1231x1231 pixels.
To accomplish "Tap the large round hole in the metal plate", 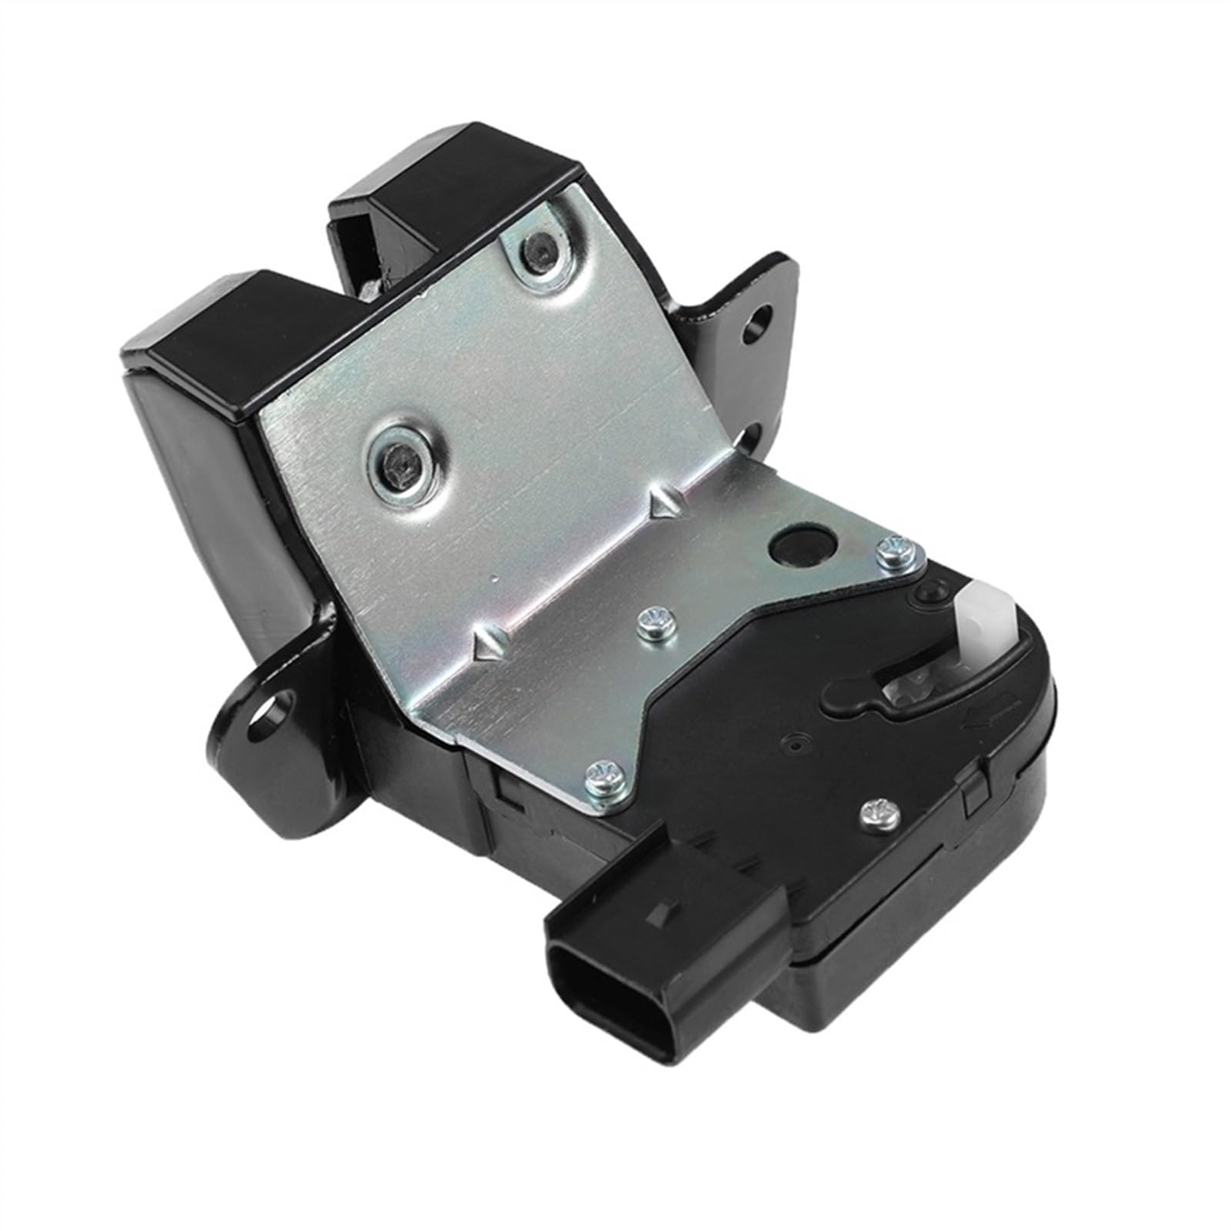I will [x=801, y=548].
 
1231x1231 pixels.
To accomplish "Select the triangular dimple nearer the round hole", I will [x=662, y=504].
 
